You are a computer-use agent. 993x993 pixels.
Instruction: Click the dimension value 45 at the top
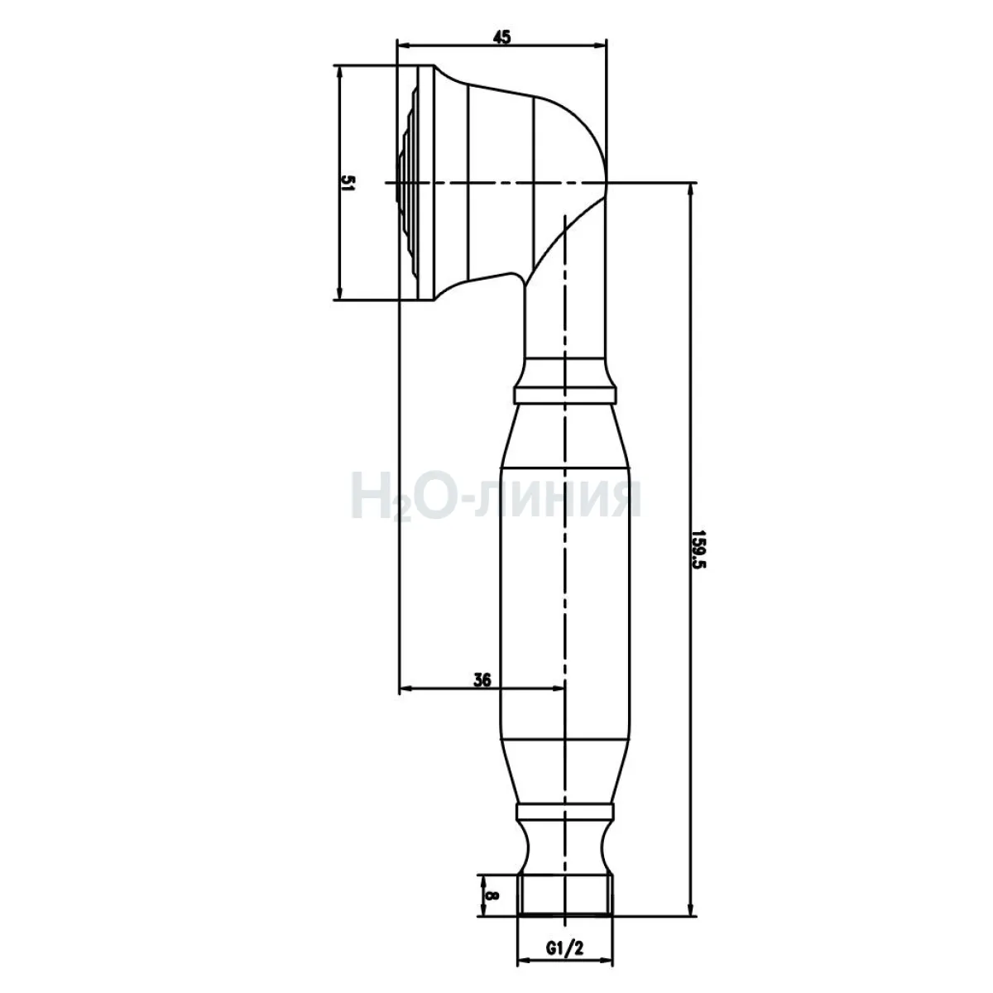(502, 37)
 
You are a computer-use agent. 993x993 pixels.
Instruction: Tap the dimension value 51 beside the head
(349, 183)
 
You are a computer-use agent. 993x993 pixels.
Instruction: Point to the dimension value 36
(482, 679)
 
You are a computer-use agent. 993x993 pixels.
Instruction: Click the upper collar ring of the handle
(566, 395)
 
